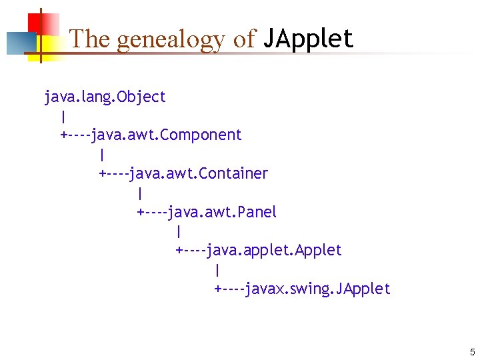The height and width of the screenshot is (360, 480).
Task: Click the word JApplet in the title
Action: [x=308, y=39]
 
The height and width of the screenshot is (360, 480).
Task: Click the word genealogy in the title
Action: [x=171, y=39]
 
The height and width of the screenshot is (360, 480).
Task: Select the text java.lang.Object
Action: [x=105, y=97]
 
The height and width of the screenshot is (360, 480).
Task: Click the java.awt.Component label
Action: [x=167, y=135]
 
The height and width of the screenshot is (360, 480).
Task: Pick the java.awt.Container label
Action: [x=199, y=174]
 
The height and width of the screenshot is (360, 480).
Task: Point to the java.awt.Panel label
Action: [x=222, y=213]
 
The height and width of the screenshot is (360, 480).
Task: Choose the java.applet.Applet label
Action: [x=274, y=251]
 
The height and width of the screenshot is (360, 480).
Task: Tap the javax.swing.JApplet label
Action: [x=317, y=289]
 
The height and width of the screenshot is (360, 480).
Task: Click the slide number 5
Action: [x=472, y=352]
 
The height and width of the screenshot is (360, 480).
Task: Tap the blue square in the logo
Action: [x=19, y=43]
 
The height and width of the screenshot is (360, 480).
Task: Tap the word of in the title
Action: [x=244, y=39]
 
